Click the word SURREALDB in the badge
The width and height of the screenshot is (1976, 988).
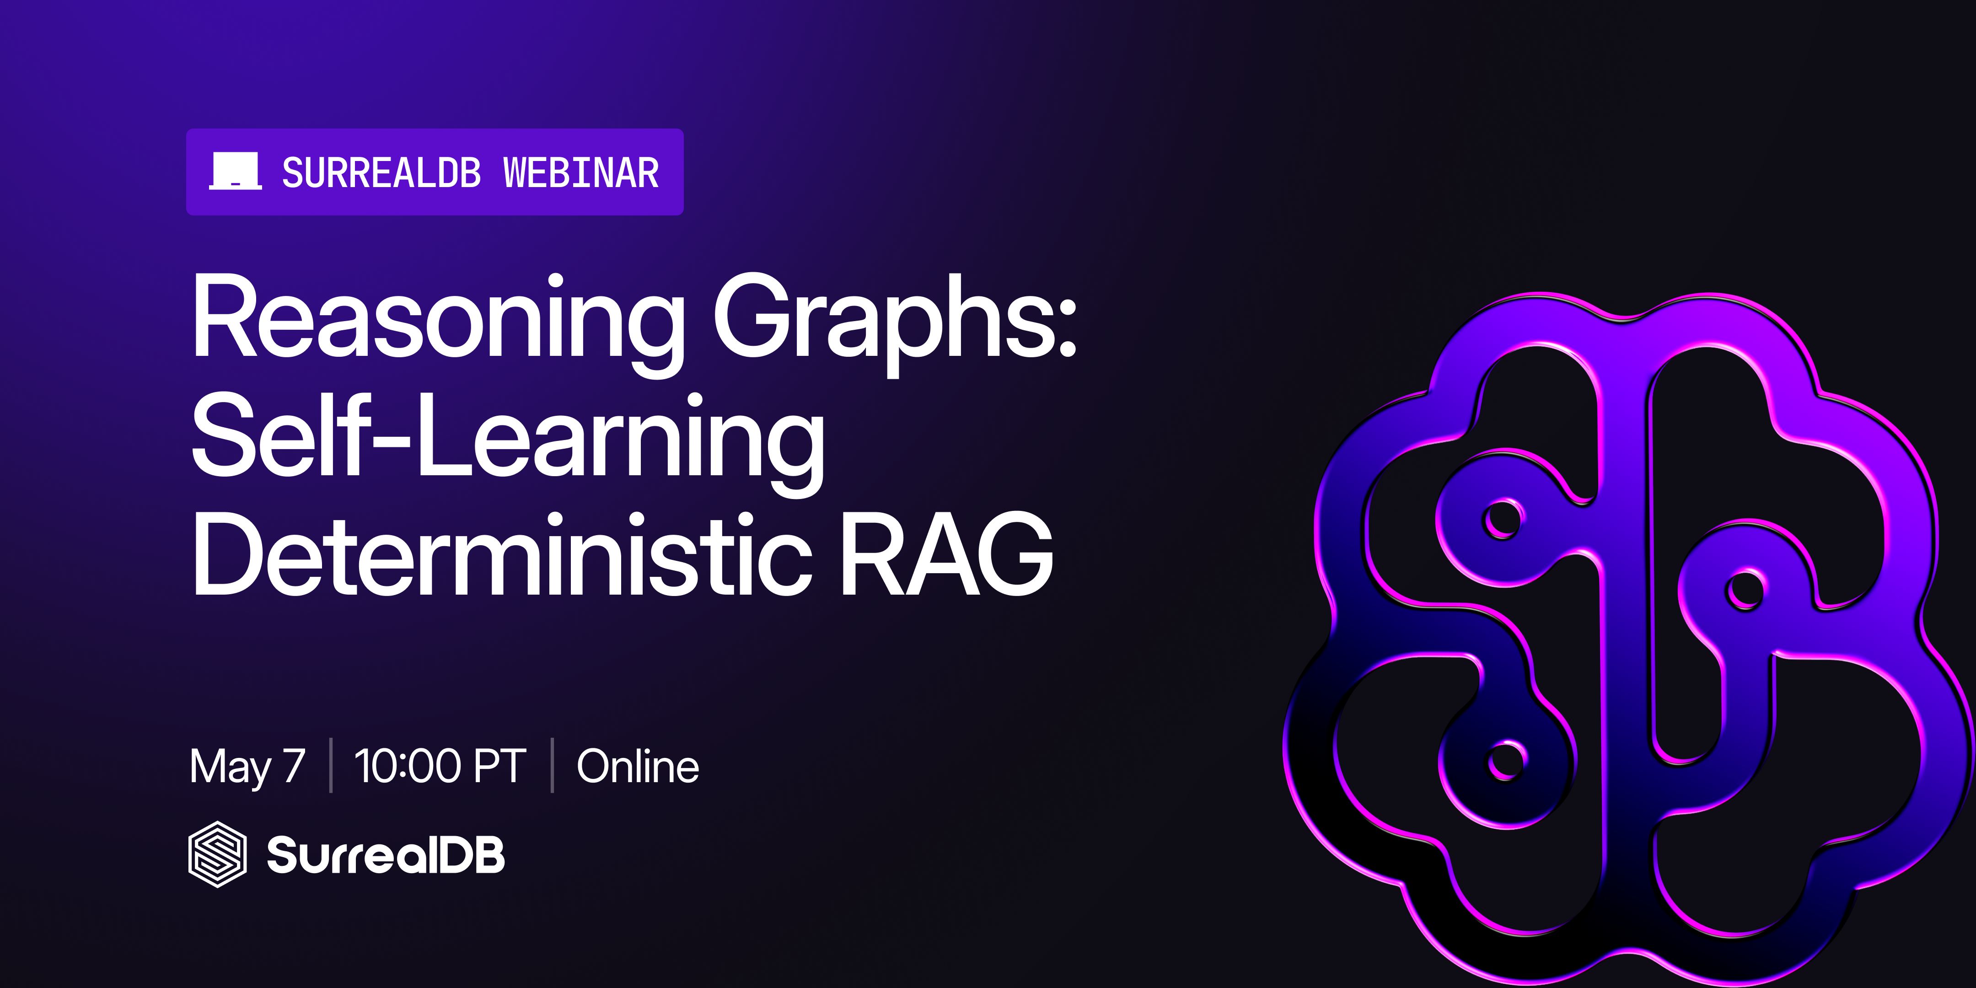click(x=381, y=172)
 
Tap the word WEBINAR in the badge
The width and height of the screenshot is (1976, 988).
click(x=581, y=172)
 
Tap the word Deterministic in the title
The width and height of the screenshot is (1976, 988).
click(x=502, y=554)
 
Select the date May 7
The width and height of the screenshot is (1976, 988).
click(x=247, y=766)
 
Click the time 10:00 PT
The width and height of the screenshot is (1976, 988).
click(x=440, y=766)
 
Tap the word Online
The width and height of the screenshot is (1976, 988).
click(x=638, y=766)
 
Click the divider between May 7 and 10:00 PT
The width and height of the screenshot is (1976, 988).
click(x=331, y=765)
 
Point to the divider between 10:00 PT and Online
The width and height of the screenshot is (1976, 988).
click(x=552, y=765)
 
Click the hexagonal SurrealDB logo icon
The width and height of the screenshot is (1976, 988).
click(x=218, y=854)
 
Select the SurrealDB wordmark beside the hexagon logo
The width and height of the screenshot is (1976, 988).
click(x=386, y=854)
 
